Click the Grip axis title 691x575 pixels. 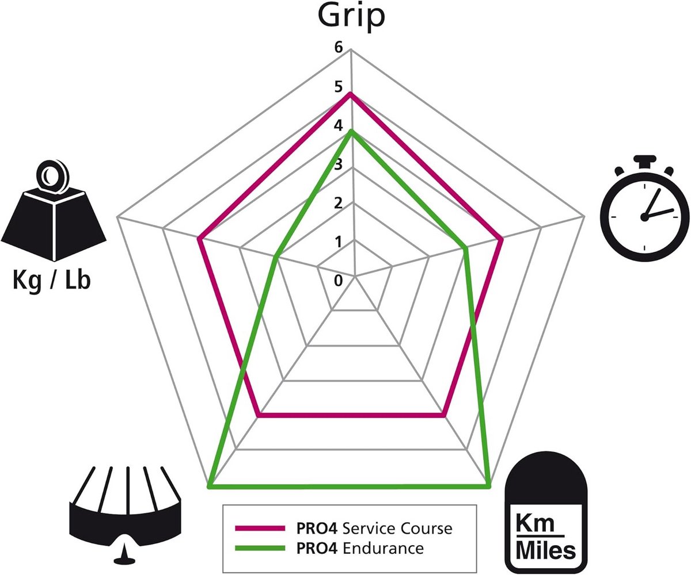[351, 17]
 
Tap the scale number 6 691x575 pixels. [338, 48]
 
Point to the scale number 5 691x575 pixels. [338, 87]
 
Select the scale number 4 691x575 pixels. [338, 125]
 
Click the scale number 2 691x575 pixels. [338, 203]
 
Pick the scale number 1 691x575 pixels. [338, 242]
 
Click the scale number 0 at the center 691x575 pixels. [338, 281]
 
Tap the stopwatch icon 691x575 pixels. [644, 209]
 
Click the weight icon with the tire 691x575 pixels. [54, 212]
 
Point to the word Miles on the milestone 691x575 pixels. [546, 551]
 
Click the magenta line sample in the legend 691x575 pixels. [260, 528]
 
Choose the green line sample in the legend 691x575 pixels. [260, 548]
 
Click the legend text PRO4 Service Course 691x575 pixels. [374, 528]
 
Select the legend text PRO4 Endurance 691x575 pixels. [360, 548]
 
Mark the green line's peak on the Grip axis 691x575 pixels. [352, 132]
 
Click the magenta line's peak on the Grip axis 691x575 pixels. [351, 94]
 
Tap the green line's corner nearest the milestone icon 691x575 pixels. [488, 486]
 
